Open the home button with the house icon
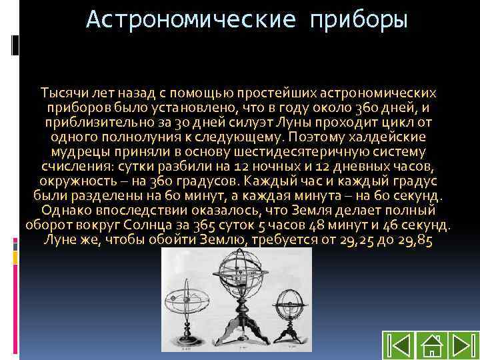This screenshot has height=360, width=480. coord(431,345)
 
